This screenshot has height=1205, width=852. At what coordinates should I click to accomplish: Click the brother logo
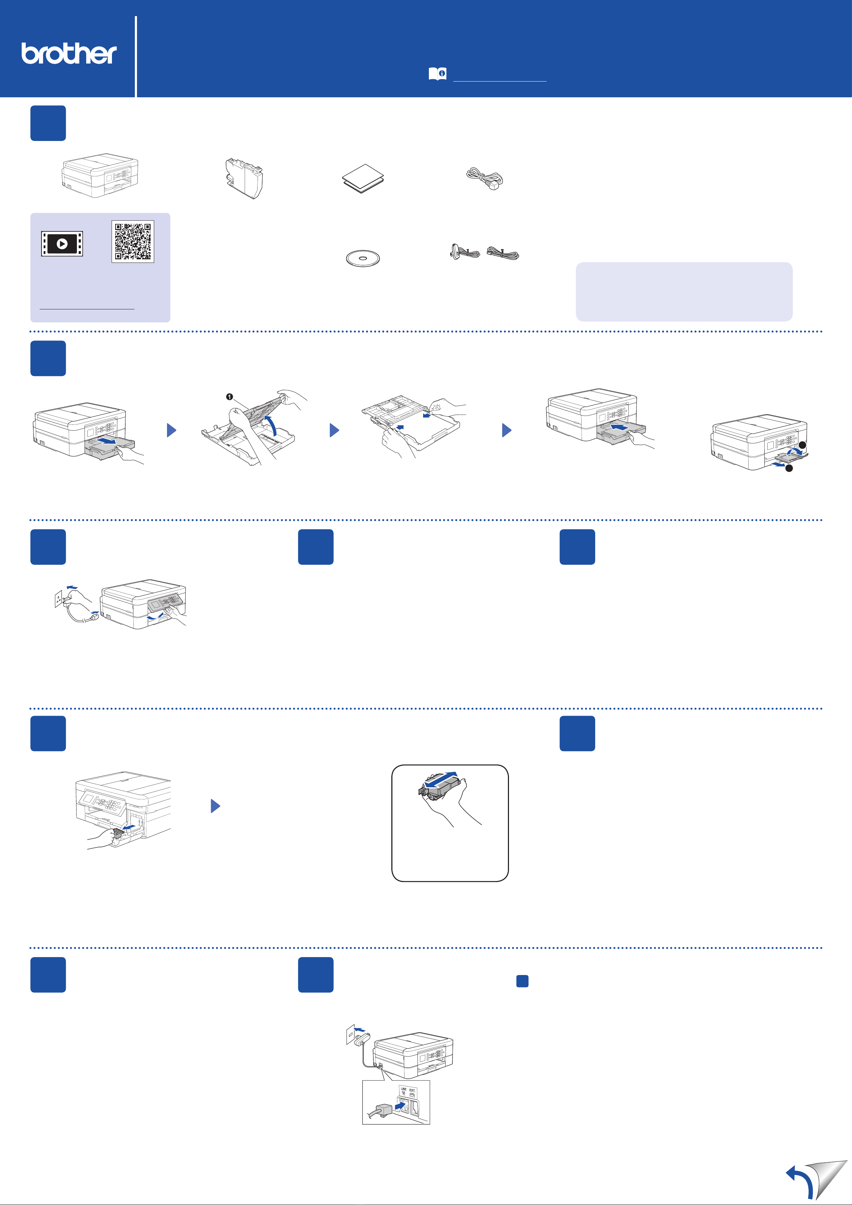[x=69, y=54]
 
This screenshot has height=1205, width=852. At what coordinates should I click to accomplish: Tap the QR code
[x=133, y=241]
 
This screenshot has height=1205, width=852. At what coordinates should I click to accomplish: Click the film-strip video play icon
[x=62, y=244]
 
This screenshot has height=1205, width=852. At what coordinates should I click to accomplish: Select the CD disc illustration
[x=363, y=258]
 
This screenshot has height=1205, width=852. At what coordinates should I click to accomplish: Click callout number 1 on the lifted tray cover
[x=229, y=397]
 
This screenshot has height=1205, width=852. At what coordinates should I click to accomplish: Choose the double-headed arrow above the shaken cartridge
[x=441, y=779]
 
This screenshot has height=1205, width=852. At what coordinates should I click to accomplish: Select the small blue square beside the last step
[x=522, y=981]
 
